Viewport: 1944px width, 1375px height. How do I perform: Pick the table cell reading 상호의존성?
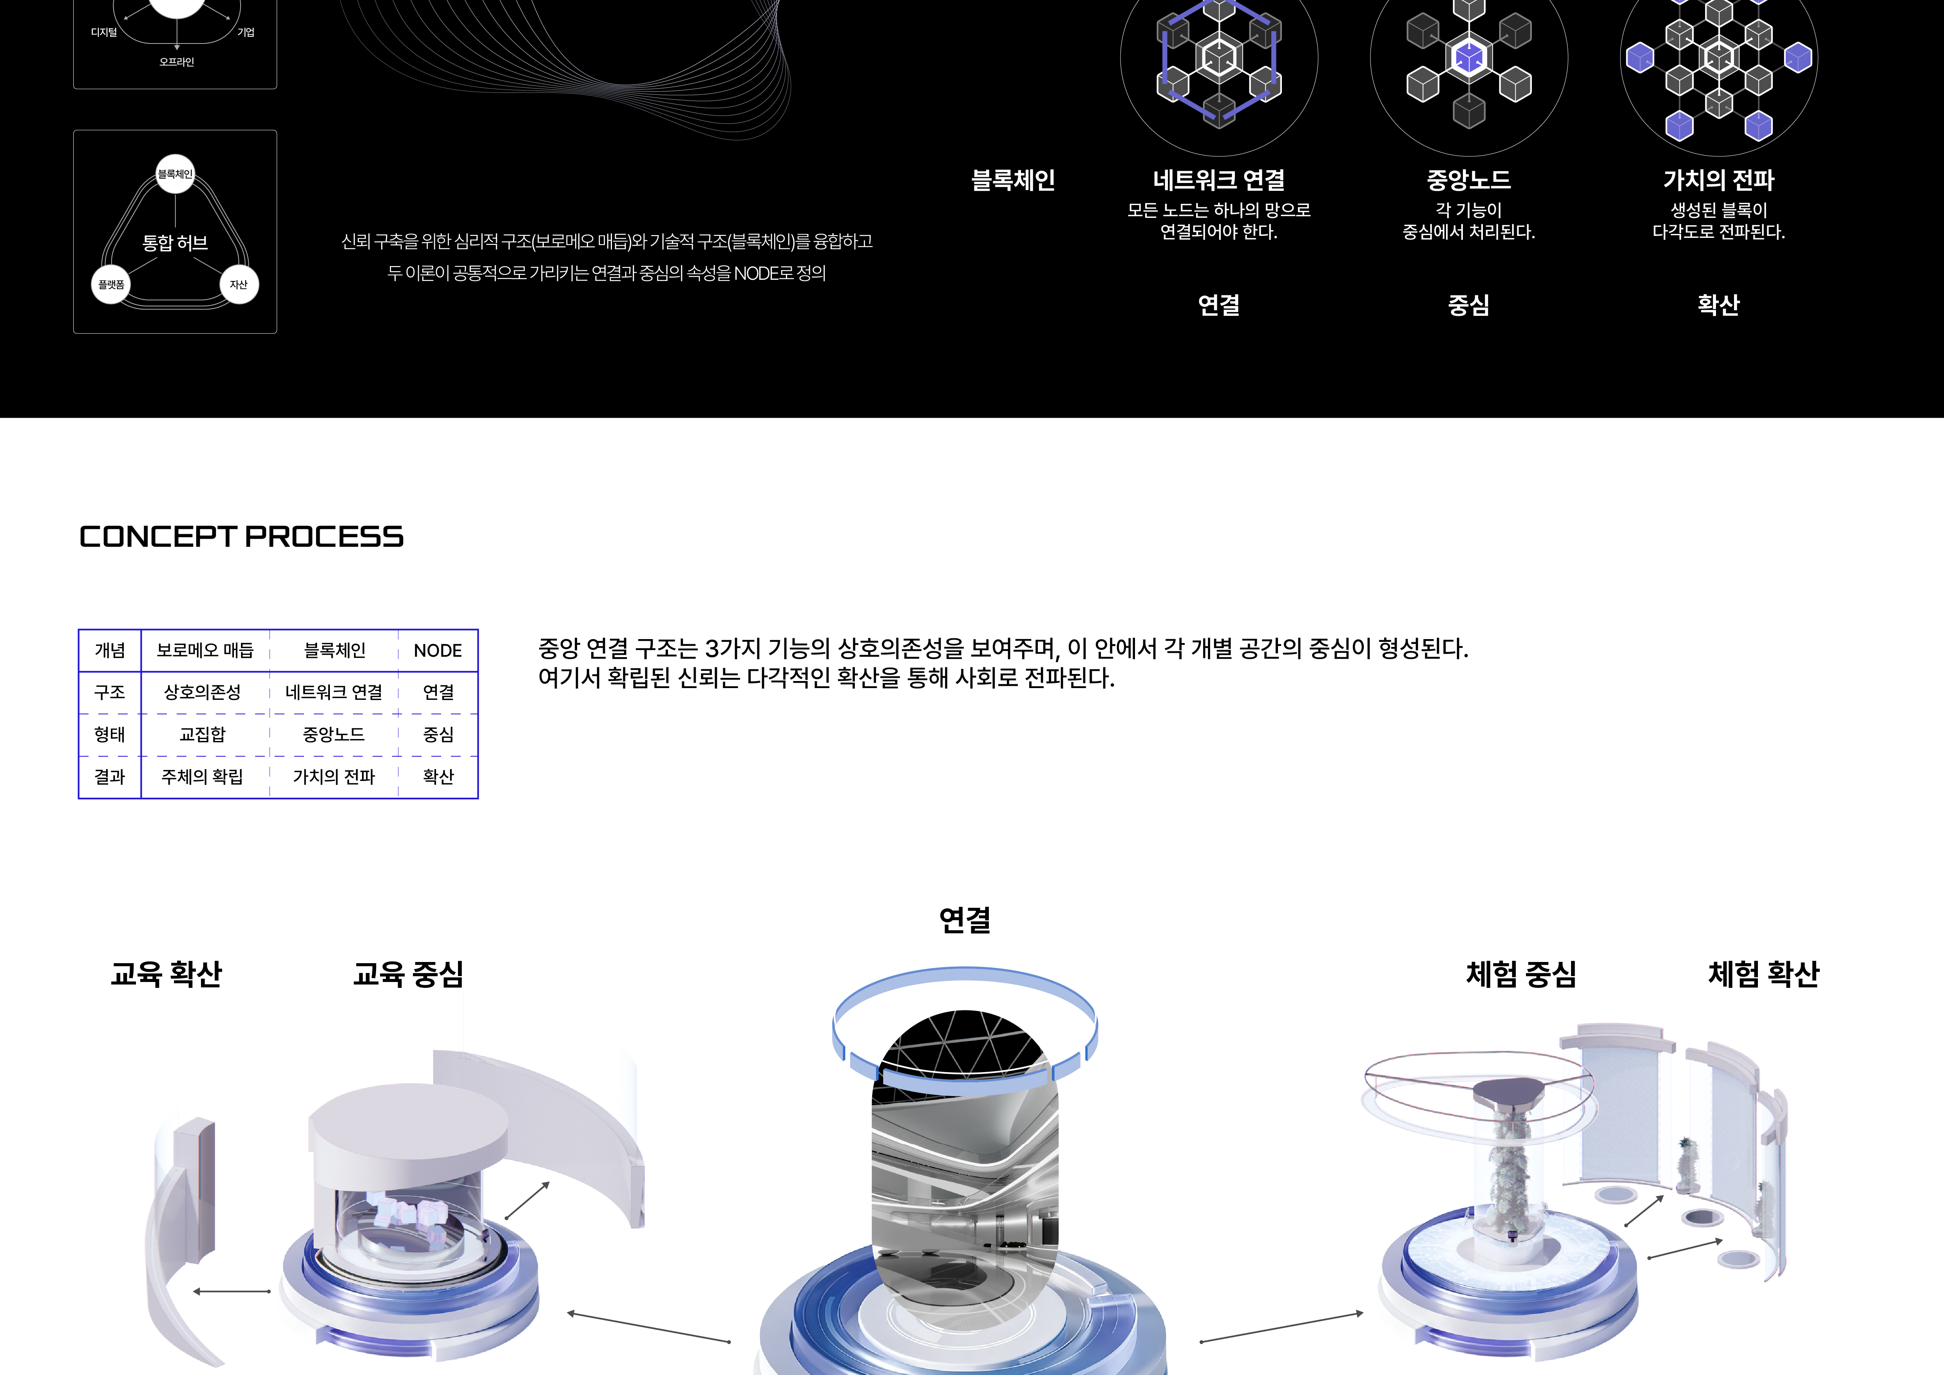click(x=203, y=692)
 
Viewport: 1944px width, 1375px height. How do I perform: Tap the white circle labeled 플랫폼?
click(x=111, y=284)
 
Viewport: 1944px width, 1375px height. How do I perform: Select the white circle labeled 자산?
click(x=239, y=284)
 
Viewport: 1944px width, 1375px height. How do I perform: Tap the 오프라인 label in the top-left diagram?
click(x=177, y=62)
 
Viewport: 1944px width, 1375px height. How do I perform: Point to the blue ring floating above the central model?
click(x=965, y=982)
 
